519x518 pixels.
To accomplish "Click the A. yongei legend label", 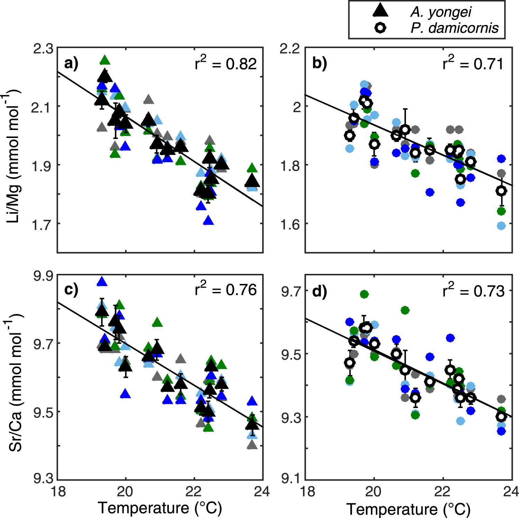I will pyautogui.click(x=440, y=12).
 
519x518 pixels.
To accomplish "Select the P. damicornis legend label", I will pyautogui.click(x=454, y=28).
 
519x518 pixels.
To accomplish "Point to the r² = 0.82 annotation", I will pyautogui.click(x=226, y=63).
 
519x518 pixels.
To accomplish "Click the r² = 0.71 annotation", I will pyautogui.click(x=473, y=63).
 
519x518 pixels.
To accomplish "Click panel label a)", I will pyautogui.click(x=71, y=64).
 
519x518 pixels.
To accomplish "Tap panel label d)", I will pyautogui.click(x=319, y=292).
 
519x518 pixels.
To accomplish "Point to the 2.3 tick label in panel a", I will pyautogui.click(x=43, y=49).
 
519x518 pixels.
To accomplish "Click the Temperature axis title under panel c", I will pyautogui.click(x=160, y=508).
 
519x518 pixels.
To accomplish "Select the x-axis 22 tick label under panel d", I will pyautogui.click(x=443, y=491).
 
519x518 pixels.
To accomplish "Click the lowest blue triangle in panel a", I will pyautogui.click(x=208, y=221).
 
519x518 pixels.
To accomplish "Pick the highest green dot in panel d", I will pyautogui.click(x=364, y=294).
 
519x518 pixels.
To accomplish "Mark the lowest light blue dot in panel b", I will pyautogui.click(x=501, y=226).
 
